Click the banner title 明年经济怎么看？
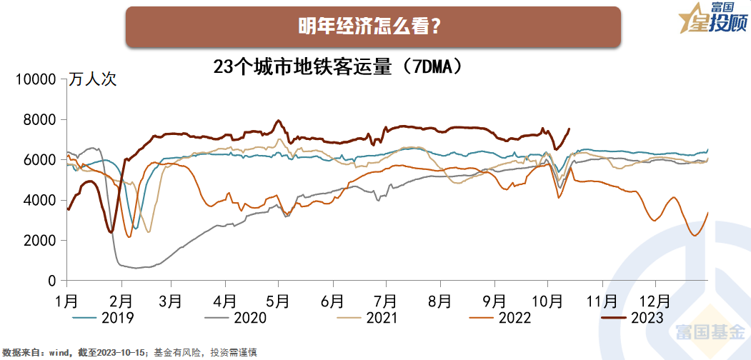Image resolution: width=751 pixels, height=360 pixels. click(x=372, y=27)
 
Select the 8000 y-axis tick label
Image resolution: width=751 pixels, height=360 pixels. click(x=39, y=120)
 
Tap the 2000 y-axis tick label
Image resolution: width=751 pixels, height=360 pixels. click(x=39, y=241)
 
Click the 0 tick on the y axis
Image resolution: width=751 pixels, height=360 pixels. click(x=52, y=281)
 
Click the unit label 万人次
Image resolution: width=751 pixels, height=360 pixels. click(x=93, y=79)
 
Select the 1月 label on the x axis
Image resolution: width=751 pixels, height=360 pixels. click(x=66, y=299)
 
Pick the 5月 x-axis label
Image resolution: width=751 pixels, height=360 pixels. click(x=279, y=299)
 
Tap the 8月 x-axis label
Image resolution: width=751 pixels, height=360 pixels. click(x=439, y=299)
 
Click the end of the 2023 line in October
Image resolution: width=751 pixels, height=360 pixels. click(x=570, y=129)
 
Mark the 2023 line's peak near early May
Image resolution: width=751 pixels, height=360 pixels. click(x=278, y=120)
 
